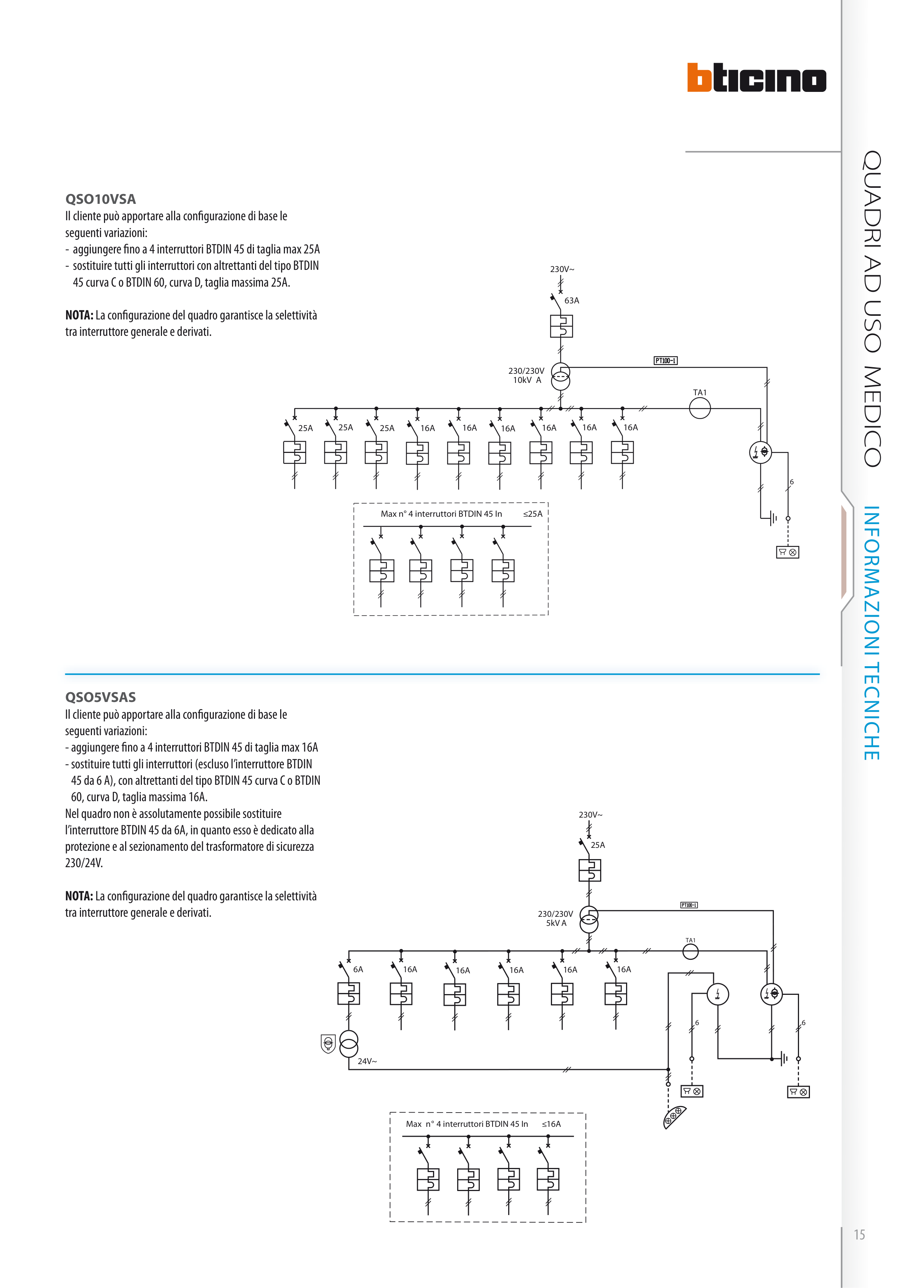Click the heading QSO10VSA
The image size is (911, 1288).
pos(100,199)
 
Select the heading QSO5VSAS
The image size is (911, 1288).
pos(100,697)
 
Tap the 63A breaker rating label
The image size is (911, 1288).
pos(571,301)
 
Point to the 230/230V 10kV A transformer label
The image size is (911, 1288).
pos(526,375)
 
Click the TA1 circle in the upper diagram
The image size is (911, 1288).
pos(699,408)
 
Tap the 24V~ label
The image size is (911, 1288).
pos(367,1062)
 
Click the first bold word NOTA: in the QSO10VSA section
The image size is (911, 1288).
pos(79,315)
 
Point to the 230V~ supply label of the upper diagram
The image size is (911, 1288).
pos(562,269)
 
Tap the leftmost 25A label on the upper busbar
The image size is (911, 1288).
pos(305,428)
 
